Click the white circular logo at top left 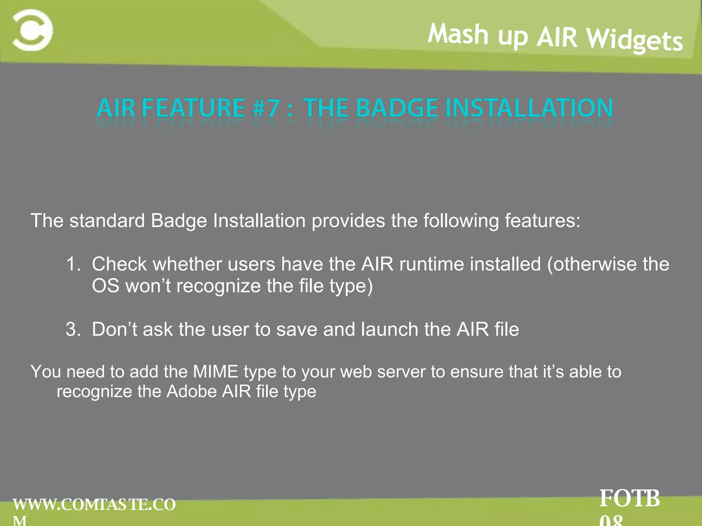pyautogui.click(x=33, y=30)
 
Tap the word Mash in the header pyautogui.click(x=458, y=34)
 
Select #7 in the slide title pyautogui.click(x=266, y=108)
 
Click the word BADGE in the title pyautogui.click(x=397, y=108)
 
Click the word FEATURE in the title pyautogui.click(x=193, y=108)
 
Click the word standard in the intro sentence pyautogui.click(x=107, y=221)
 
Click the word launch pyautogui.click(x=389, y=329)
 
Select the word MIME pyautogui.click(x=215, y=372)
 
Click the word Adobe pyautogui.click(x=191, y=391)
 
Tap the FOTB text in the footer pyautogui.click(x=629, y=499)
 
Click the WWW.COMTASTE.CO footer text pyautogui.click(x=94, y=505)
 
